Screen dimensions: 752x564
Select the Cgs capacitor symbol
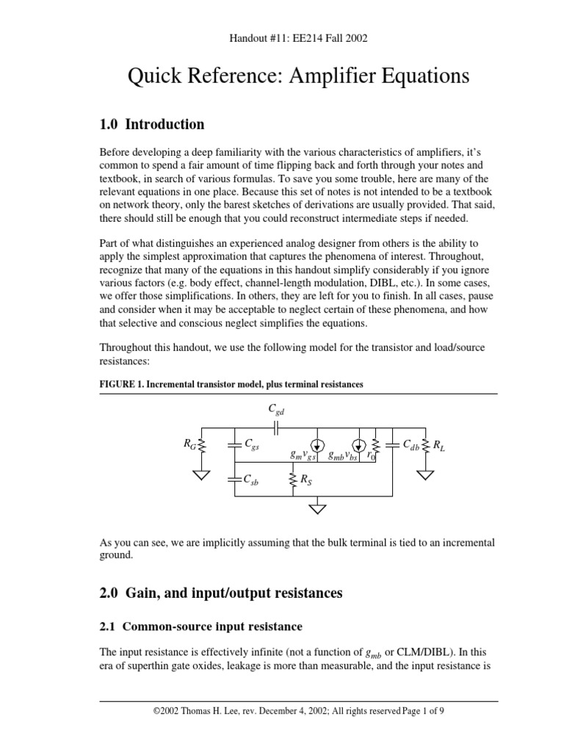pyautogui.click(x=234, y=444)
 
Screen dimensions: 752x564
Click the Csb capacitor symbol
pyautogui.click(x=234, y=480)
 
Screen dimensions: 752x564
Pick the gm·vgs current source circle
pyautogui.click(x=317, y=445)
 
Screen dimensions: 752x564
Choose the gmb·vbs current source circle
pyautogui.click(x=358, y=445)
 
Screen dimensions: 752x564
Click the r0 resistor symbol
pyautogui.click(x=375, y=446)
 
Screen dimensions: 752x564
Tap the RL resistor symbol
pyautogui.click(x=424, y=444)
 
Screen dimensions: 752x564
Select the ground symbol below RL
pyautogui.click(x=424, y=474)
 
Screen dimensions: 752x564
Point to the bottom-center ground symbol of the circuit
pyautogui.click(x=317, y=507)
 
